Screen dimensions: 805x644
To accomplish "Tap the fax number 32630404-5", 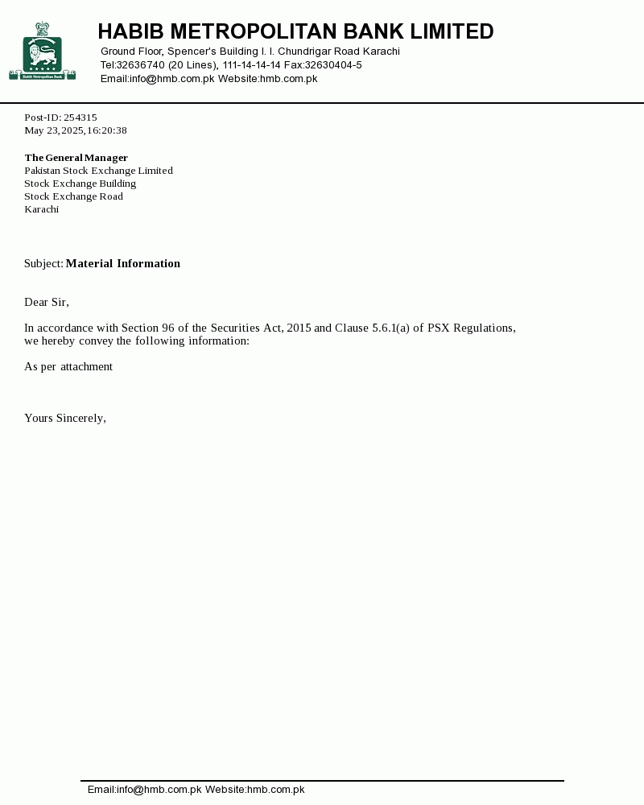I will click(x=333, y=65).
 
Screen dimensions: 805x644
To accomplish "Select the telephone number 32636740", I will click(x=141, y=65).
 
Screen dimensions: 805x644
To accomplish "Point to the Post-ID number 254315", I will click(x=80, y=118).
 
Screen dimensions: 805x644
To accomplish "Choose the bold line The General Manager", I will click(x=76, y=158).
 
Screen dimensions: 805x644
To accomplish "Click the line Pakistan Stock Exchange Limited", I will click(x=98, y=171).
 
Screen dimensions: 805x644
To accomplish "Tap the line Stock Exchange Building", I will click(x=80, y=184).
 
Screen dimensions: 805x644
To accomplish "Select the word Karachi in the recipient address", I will click(x=41, y=209).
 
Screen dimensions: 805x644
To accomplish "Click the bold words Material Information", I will click(x=123, y=263).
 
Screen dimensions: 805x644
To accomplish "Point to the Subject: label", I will click(x=43, y=263).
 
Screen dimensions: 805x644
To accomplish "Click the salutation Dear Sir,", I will click(x=47, y=302).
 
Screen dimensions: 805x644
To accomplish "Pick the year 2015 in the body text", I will click(x=299, y=328).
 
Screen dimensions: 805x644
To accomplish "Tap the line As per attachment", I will click(x=68, y=366).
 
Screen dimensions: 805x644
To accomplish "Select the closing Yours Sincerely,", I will click(x=65, y=418).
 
